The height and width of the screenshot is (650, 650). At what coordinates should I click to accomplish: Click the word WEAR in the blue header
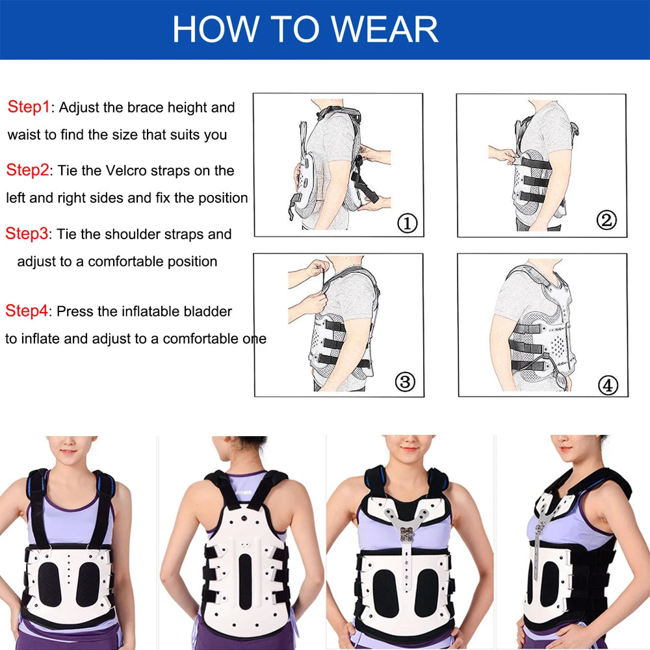tap(385, 29)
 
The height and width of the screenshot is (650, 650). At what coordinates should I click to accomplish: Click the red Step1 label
tap(29, 107)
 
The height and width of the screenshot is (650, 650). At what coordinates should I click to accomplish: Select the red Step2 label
tap(27, 170)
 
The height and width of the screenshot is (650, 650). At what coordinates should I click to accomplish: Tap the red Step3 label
tap(27, 233)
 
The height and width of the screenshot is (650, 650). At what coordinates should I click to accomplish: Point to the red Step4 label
tap(27, 311)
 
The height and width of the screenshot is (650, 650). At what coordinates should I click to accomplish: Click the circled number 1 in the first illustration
tap(407, 223)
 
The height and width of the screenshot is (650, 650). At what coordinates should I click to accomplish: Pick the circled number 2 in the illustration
tap(606, 220)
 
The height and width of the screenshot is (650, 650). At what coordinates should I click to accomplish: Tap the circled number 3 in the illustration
tap(405, 382)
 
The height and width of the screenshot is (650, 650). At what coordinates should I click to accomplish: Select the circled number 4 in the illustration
tap(608, 385)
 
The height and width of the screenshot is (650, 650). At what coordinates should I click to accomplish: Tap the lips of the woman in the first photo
tap(68, 452)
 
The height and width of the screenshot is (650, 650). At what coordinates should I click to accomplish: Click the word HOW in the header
tap(216, 29)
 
